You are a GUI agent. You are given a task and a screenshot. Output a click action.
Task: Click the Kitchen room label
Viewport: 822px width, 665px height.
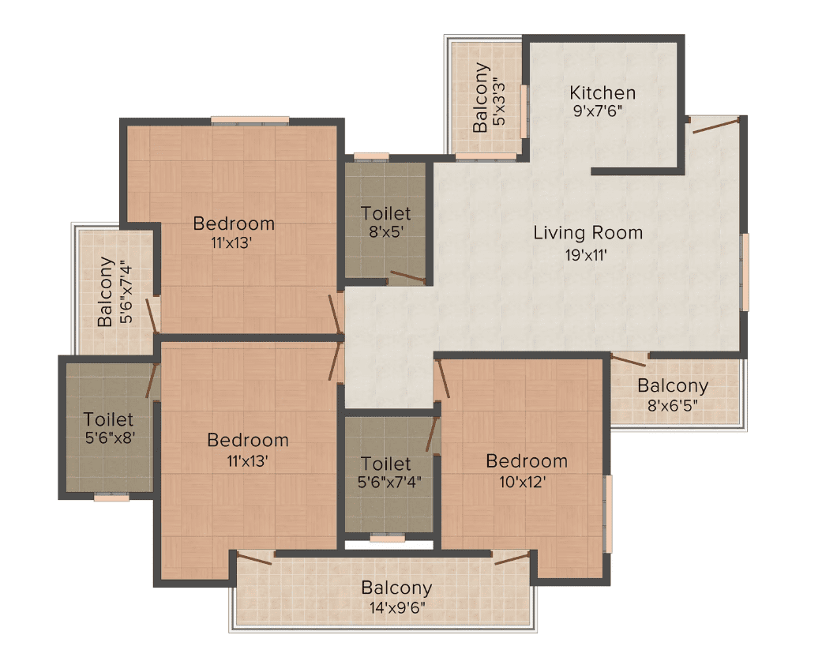point(602,93)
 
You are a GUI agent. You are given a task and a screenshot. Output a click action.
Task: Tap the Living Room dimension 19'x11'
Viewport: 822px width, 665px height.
point(586,255)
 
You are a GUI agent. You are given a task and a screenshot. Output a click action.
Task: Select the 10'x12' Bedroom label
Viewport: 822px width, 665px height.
point(527,471)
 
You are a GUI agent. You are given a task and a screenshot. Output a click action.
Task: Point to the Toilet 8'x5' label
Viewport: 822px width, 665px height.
point(385,222)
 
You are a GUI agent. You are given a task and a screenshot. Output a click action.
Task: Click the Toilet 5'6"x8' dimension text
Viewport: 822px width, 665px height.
point(110,438)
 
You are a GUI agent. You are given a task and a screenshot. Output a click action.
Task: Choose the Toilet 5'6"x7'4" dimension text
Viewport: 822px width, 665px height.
point(389,482)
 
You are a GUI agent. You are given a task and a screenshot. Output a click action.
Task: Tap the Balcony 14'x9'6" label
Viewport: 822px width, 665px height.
point(397,597)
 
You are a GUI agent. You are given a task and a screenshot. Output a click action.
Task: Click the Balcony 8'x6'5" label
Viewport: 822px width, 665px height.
point(673,394)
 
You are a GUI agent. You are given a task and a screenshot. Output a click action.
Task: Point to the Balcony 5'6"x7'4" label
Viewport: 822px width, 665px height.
point(114,291)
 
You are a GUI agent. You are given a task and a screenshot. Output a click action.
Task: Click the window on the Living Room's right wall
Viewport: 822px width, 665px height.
point(745,272)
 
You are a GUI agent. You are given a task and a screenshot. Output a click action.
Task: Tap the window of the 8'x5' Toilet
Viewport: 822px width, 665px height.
point(371,156)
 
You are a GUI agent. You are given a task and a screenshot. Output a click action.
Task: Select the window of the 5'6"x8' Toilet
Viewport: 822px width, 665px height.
point(111,498)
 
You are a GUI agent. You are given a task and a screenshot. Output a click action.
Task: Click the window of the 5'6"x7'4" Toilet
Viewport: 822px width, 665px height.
point(388,538)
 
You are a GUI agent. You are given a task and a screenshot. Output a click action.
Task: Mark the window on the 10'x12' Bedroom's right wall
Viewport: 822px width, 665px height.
point(608,514)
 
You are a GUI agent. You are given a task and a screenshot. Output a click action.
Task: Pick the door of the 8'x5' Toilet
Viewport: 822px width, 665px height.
point(408,277)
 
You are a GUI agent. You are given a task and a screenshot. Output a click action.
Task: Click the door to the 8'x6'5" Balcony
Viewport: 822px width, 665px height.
point(629,360)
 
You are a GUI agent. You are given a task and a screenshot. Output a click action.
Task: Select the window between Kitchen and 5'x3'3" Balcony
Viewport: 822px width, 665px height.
point(524,111)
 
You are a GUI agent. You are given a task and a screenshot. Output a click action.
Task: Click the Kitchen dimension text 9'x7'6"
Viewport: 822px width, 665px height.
point(598,111)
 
